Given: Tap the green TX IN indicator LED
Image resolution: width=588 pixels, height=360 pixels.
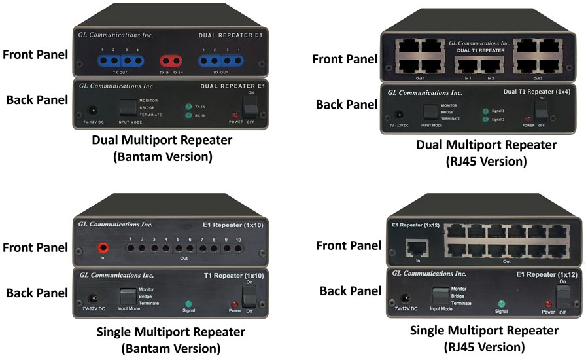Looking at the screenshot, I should [187, 106].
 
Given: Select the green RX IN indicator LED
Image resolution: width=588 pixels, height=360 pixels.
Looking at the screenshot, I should [187, 116].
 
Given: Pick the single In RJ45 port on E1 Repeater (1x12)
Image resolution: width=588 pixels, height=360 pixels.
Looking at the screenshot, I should [414, 247].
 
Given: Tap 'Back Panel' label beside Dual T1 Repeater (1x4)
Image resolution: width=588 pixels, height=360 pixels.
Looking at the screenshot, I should [346, 104].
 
